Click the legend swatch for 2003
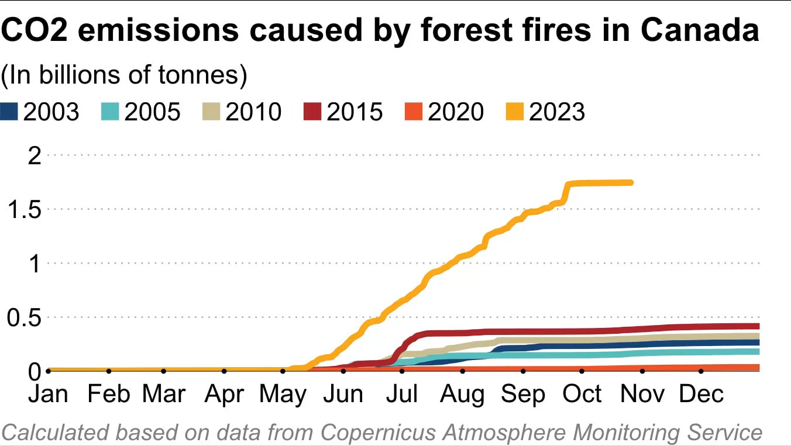[10, 112]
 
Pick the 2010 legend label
[253, 112]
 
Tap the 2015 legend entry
[354, 112]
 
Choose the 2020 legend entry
[455, 112]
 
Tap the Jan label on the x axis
[49, 395]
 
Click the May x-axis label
[283, 395]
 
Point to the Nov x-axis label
[642, 395]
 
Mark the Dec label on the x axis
[701, 395]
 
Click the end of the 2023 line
[631, 182]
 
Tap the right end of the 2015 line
[757, 326]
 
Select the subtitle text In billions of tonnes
[124, 75]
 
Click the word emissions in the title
[159, 30]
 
